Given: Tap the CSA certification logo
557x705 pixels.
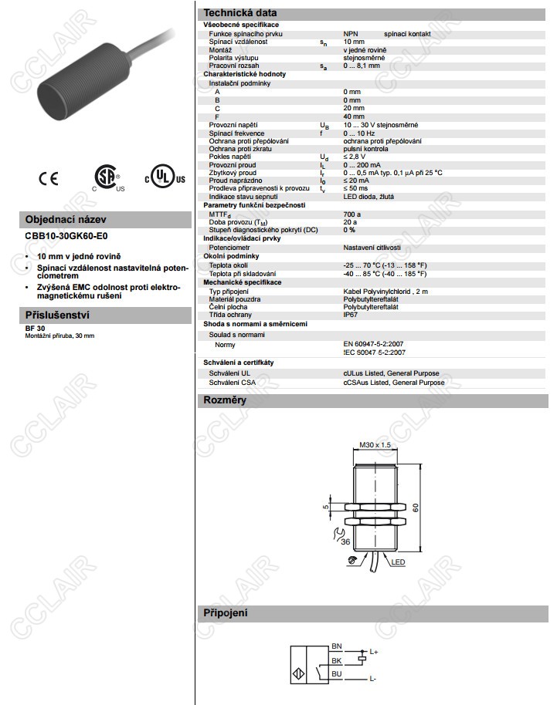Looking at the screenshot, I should [x=108, y=177].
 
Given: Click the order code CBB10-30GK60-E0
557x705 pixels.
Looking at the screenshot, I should [x=68, y=237].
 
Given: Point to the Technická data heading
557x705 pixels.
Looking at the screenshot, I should [x=239, y=13].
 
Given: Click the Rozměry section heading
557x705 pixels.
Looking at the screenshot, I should [x=225, y=400].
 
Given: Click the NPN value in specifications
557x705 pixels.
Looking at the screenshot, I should [x=352, y=34].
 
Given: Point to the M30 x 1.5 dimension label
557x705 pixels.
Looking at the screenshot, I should [x=376, y=445].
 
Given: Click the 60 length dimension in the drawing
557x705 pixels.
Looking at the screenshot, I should [x=415, y=508].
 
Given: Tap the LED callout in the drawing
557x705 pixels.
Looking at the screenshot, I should [x=399, y=562].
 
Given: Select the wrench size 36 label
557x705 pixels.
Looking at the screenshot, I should [x=345, y=542].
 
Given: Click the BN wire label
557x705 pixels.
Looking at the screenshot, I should [x=336, y=646].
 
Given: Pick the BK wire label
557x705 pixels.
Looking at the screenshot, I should [x=336, y=660].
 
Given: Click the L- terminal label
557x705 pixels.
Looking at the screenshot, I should [x=372, y=678].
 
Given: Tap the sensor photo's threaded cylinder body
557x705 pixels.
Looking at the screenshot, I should [x=74, y=81].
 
